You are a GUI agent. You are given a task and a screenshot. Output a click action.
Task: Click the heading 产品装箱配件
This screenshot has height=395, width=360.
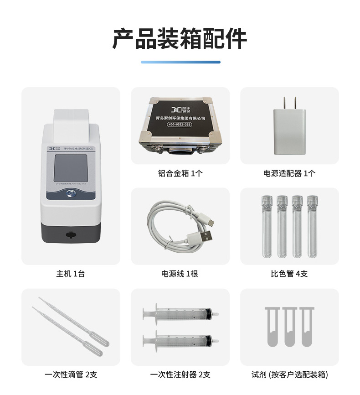click(x=180, y=38)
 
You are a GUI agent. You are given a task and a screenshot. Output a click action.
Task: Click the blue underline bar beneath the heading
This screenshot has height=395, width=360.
click(x=180, y=62)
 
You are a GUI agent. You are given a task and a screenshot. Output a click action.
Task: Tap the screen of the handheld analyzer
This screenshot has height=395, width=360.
click(x=71, y=168)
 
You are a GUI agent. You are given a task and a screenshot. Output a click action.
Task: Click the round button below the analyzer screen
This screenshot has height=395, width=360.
click(x=71, y=194)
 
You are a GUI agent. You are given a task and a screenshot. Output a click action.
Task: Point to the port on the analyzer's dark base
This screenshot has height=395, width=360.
click(x=70, y=234)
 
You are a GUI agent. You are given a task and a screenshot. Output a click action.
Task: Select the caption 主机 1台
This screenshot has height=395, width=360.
click(x=71, y=274)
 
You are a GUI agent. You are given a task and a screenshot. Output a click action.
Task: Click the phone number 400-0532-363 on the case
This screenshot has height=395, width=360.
click(x=180, y=124)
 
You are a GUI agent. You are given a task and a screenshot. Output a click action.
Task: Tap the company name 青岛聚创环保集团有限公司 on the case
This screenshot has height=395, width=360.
click(x=180, y=118)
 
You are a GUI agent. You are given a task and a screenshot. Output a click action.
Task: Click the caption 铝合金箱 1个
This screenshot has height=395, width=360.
click(x=180, y=173)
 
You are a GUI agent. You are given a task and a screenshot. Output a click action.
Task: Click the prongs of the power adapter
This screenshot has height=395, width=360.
click(x=289, y=102)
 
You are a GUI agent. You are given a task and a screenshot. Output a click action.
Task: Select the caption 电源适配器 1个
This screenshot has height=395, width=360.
click(x=289, y=173)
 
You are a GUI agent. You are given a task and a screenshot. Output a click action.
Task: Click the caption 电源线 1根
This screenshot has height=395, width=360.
click(x=180, y=274)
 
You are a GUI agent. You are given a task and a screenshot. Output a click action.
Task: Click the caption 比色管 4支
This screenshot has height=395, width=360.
click(x=289, y=274)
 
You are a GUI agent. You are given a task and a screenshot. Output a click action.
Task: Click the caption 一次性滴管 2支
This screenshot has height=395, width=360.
click(x=71, y=374)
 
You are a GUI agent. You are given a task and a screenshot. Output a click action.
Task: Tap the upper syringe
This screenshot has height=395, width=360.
click(x=180, y=314)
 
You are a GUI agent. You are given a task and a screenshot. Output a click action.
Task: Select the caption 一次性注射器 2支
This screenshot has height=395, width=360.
click(x=180, y=374)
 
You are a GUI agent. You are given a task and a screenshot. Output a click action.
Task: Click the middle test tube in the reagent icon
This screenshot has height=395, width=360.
click(x=289, y=326)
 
